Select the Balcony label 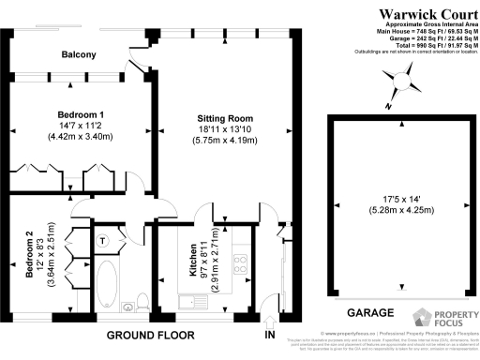pyautogui.click(x=79, y=55)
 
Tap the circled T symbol pyautogui.click(x=104, y=240)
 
